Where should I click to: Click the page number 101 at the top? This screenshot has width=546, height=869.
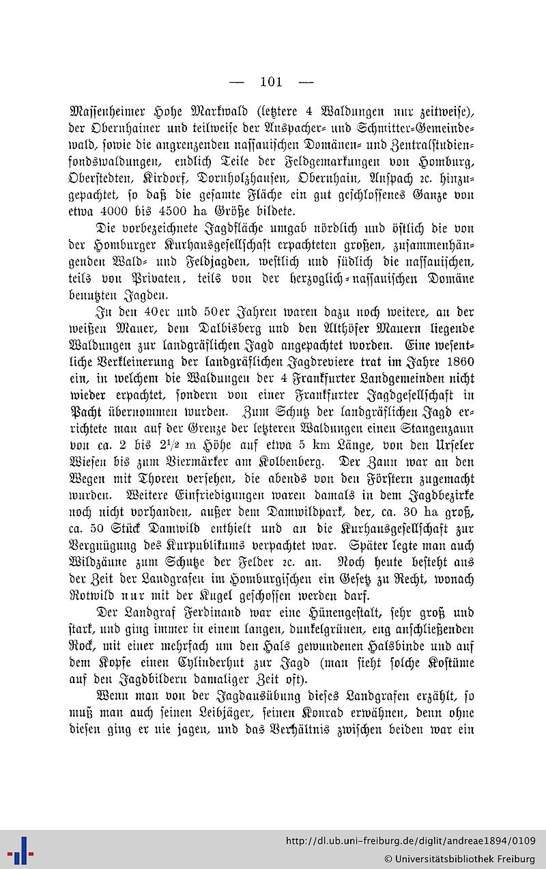[271, 82]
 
